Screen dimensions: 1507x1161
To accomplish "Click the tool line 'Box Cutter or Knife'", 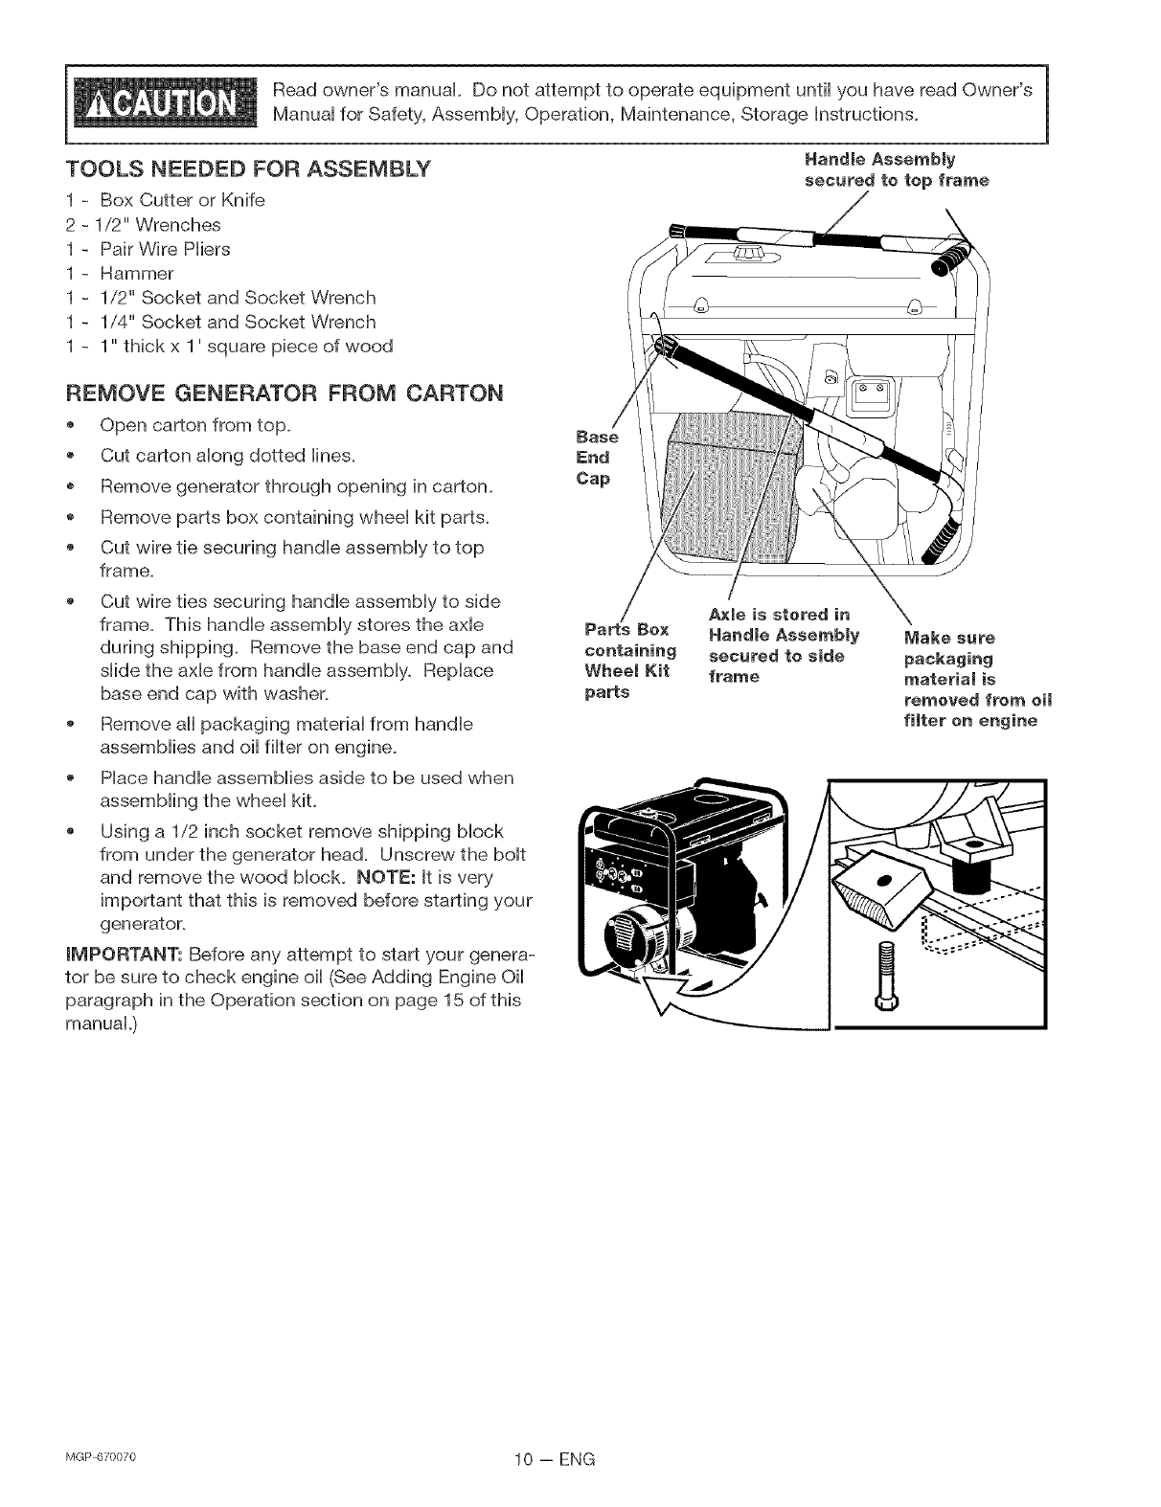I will (x=182, y=200).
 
